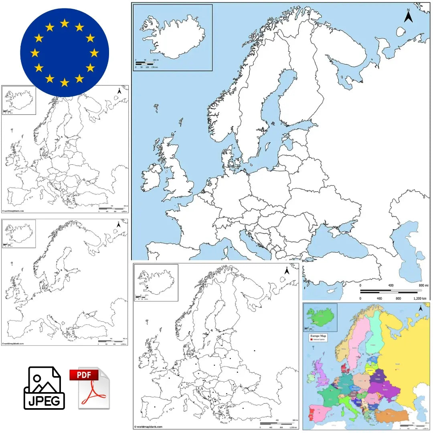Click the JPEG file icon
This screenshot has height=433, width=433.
[44, 388]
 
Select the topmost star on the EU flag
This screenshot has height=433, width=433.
[65, 23]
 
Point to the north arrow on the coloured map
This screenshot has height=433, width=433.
[421, 308]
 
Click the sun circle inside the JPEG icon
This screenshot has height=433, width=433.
[37, 378]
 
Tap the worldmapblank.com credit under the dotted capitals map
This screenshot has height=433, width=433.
[148, 427]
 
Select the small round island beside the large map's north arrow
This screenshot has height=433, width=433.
[401, 31]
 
